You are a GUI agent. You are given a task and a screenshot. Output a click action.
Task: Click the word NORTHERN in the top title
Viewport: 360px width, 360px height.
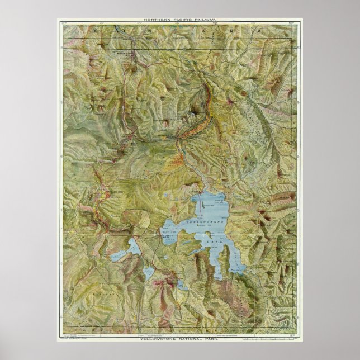155,20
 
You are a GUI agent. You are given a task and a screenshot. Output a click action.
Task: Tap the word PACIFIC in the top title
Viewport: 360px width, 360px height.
180,20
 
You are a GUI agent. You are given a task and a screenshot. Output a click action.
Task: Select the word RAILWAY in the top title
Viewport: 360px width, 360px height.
203,20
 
